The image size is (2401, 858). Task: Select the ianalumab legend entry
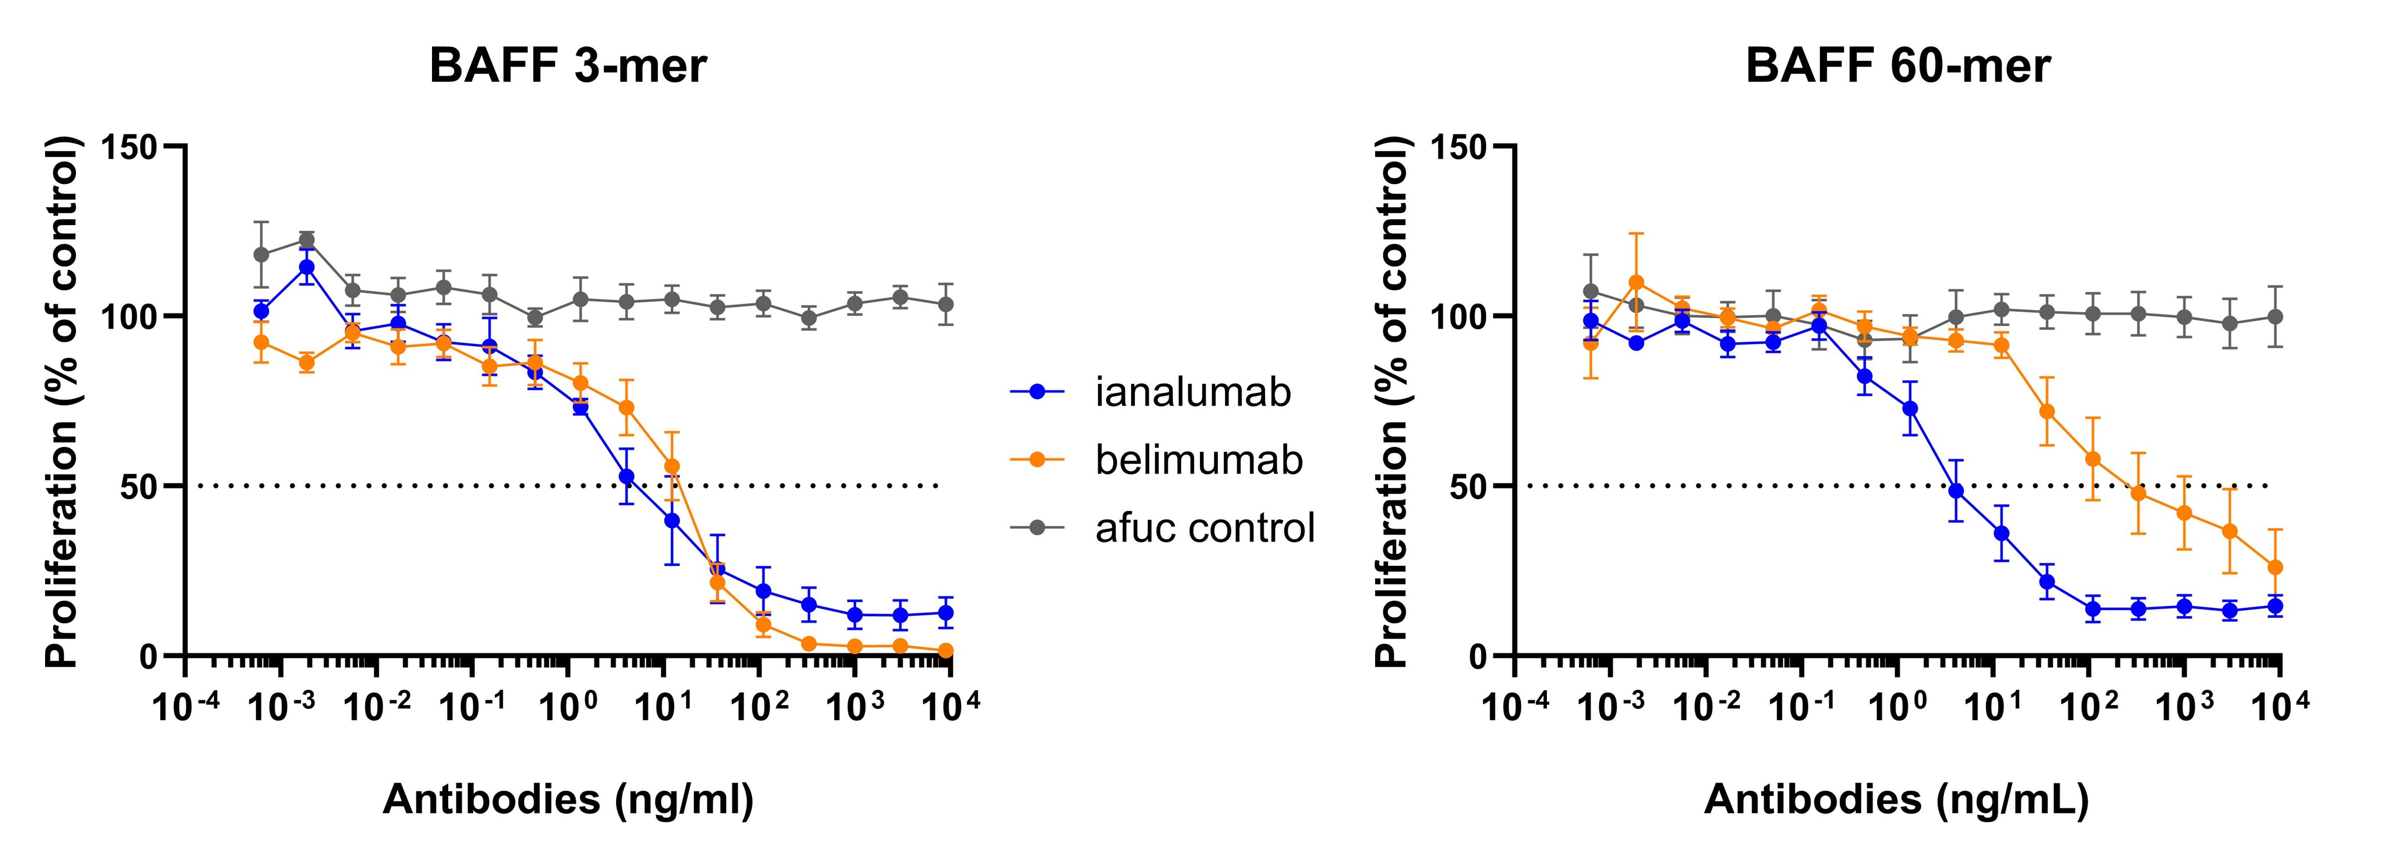(1193, 392)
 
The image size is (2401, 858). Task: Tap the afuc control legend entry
(1204, 527)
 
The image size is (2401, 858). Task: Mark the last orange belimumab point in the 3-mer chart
(945, 650)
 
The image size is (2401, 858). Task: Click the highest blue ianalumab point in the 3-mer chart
(306, 267)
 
